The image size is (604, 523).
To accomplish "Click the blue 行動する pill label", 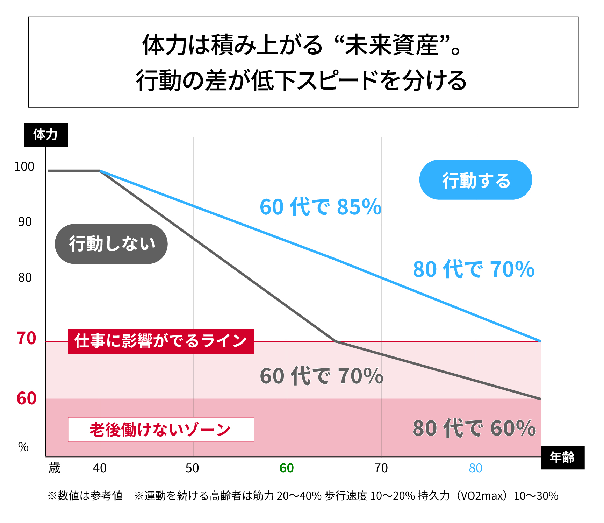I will tap(475, 180).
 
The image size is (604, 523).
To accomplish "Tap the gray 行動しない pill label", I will tap(111, 244).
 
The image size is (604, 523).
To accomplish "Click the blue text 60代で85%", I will tap(320, 207).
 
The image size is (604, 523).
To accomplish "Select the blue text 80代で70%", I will tap(474, 269).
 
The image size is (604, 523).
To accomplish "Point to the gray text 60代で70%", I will tap(322, 376).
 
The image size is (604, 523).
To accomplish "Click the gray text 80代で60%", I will tap(474, 428).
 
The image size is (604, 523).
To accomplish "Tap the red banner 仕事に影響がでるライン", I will tap(161, 341).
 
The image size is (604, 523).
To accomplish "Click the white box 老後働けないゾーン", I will tap(161, 430).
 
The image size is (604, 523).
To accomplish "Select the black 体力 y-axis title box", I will tap(46, 135).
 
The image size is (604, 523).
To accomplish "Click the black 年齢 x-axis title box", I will tap(562, 458).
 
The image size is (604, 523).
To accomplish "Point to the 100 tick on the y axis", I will tap(24, 167).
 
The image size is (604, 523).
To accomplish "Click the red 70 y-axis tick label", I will tap(27, 338).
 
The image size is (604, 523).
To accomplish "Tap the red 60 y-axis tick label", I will tap(27, 398).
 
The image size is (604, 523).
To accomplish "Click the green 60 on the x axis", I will tap(287, 468).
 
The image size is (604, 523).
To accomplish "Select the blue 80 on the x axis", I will tap(475, 468).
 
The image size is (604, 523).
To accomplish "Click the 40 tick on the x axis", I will tap(100, 468).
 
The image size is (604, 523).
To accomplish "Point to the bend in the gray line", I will tap(335, 341).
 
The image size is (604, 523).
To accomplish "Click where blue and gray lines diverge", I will tap(100, 171).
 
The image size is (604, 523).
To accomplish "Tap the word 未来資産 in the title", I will tap(391, 45).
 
